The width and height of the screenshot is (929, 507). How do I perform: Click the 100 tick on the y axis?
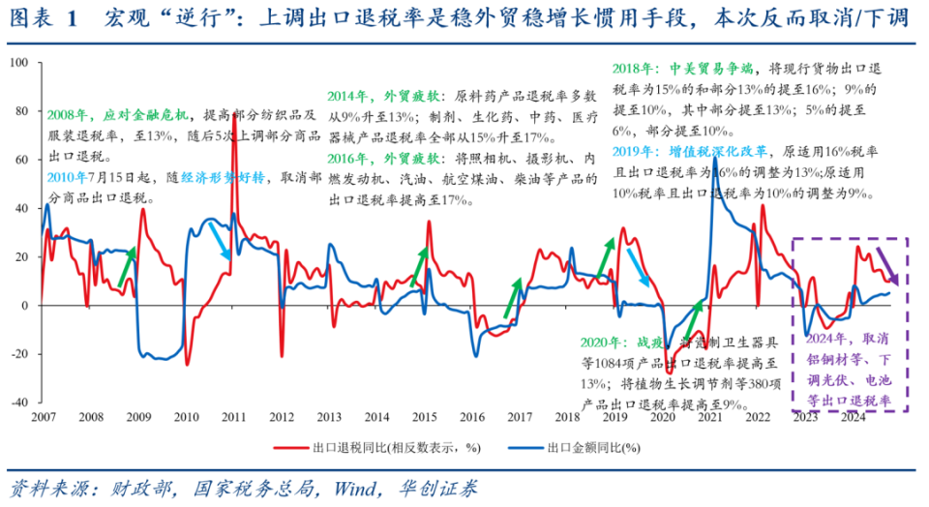(18, 64)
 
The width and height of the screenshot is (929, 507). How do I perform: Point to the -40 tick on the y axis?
(18, 403)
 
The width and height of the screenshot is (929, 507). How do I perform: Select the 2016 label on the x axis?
(471, 417)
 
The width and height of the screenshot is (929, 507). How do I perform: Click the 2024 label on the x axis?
(853, 417)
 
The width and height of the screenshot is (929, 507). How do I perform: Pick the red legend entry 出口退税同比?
(387, 448)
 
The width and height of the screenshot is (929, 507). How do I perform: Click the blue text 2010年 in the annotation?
(65, 178)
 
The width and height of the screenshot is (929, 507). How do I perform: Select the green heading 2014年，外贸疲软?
(382, 97)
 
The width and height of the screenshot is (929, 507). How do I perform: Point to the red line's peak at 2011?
(233, 87)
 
